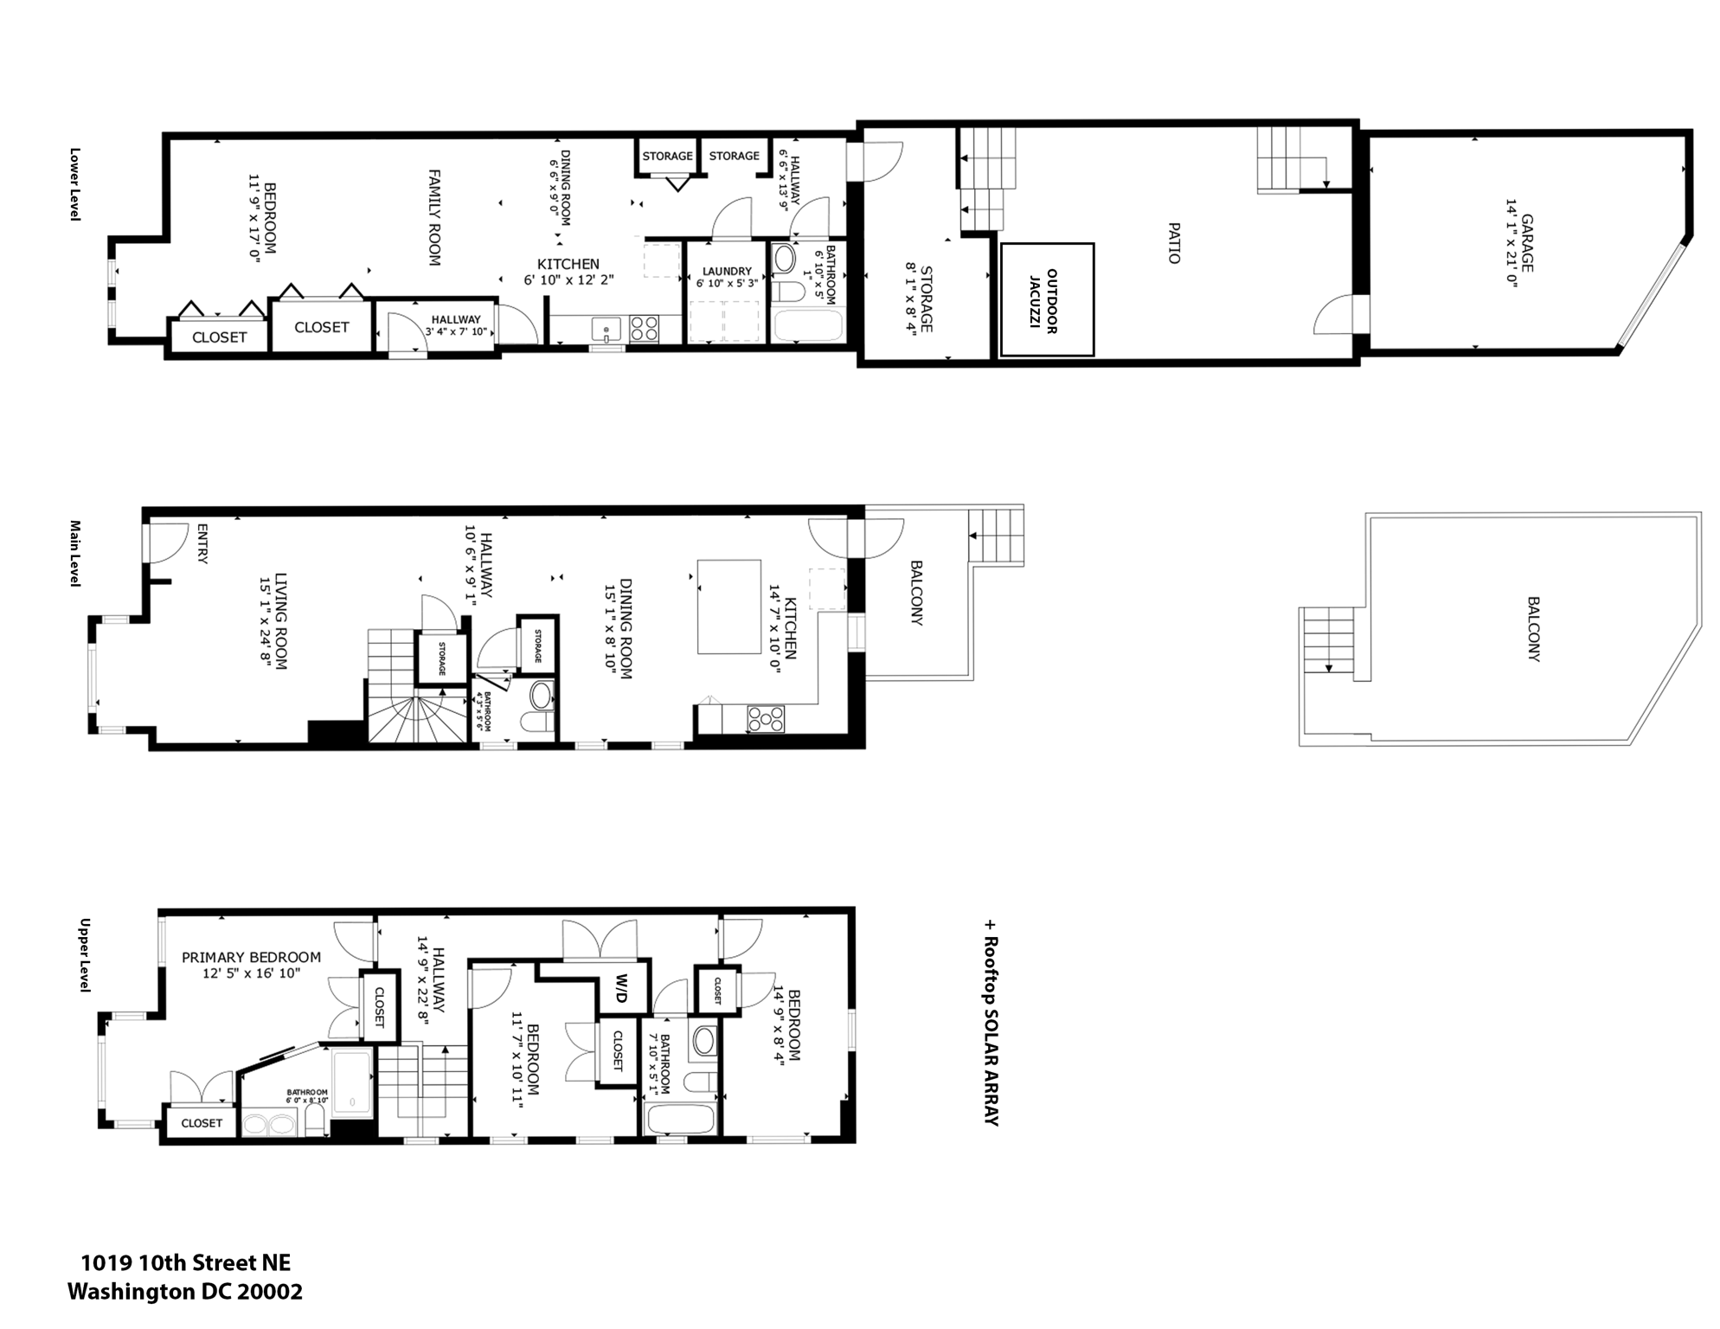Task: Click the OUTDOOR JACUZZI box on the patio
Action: point(1047,299)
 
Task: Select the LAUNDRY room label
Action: point(727,271)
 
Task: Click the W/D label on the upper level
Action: point(622,989)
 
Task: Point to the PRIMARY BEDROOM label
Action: point(251,957)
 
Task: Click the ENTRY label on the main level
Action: point(202,543)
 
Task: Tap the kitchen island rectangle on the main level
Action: point(729,606)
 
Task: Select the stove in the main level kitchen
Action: point(766,719)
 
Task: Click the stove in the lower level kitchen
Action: point(644,328)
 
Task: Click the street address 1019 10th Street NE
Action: point(185,1263)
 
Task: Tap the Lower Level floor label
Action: point(75,183)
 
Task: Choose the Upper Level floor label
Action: point(85,954)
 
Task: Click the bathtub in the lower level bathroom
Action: point(807,326)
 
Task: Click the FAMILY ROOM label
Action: point(434,217)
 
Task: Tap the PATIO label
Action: point(1174,243)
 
